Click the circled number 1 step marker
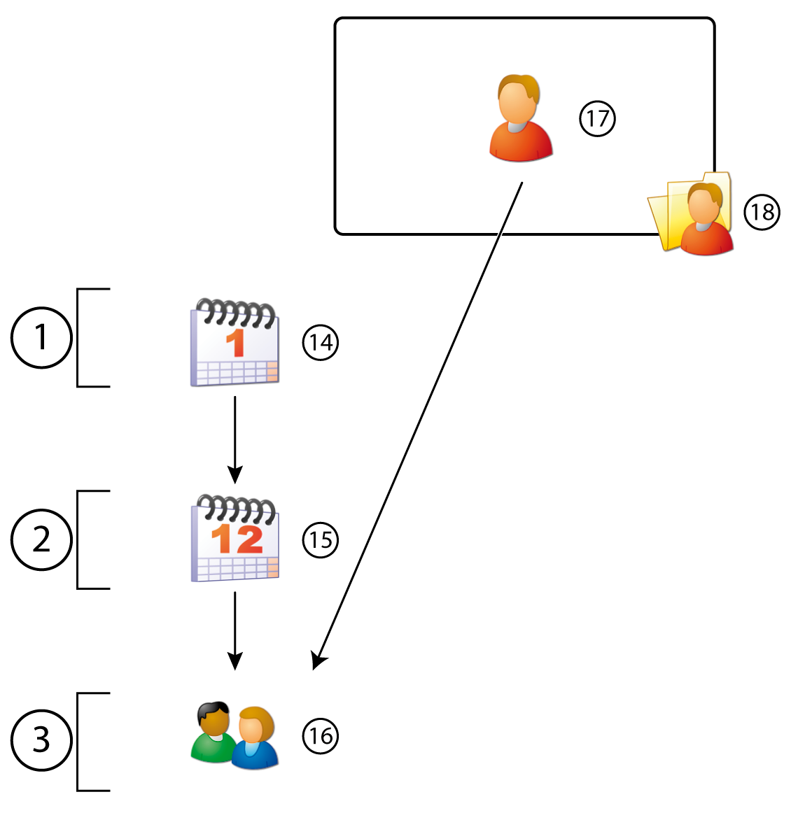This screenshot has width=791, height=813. point(41,337)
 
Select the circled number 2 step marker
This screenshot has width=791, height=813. point(41,539)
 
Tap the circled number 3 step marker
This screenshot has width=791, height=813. point(41,740)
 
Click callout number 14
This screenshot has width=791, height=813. point(321,342)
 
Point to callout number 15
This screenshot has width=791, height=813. point(321,539)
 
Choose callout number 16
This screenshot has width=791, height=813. point(321,736)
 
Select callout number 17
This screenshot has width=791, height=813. point(597,118)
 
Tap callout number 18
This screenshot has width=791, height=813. point(762,211)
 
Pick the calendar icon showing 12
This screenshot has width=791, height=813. point(234,539)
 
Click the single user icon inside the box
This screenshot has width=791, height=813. point(520,118)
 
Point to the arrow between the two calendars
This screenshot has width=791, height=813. point(234,437)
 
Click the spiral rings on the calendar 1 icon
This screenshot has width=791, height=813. point(236,312)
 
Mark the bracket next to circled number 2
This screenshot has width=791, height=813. point(78,539)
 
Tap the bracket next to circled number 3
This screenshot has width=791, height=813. point(78,742)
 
